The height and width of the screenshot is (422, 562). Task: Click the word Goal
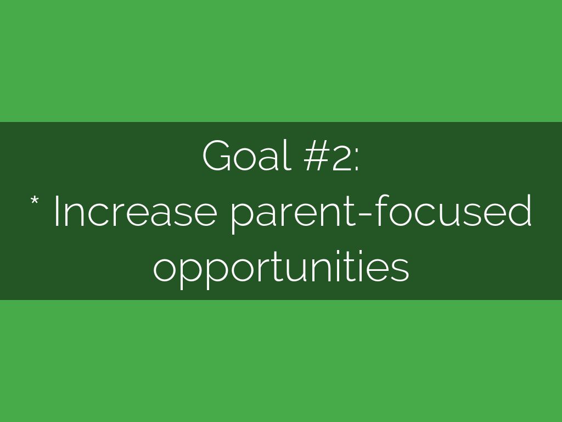(246, 155)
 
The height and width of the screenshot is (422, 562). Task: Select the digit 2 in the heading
(341, 156)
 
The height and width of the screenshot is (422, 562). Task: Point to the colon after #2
(356, 161)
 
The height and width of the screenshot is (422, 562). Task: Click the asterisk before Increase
(35, 200)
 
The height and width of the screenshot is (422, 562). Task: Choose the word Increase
(136, 211)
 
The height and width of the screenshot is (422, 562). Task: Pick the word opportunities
(281, 268)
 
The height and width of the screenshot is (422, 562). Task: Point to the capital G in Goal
(217, 156)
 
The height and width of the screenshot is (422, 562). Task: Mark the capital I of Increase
(57, 211)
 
